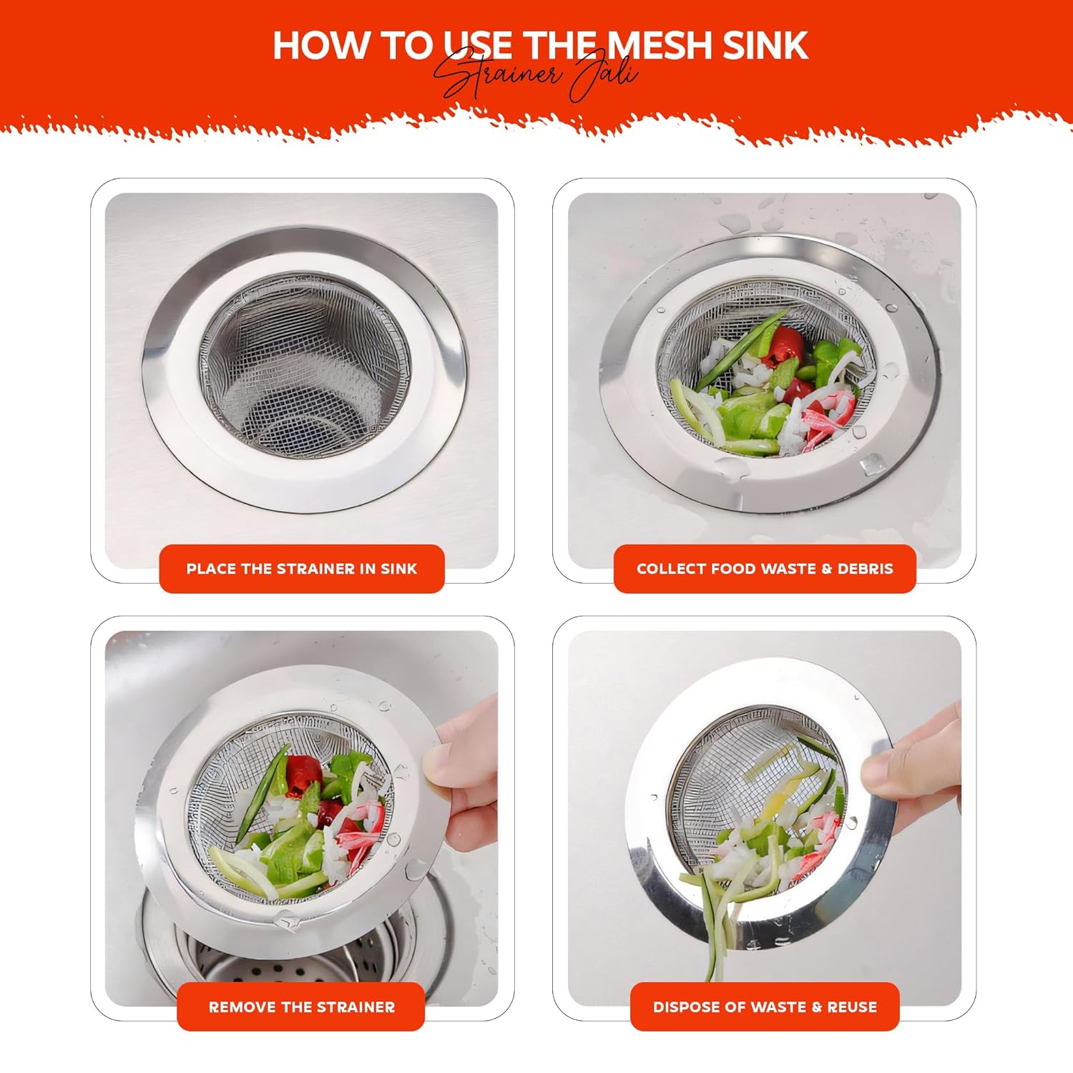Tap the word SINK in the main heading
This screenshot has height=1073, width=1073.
[x=765, y=45]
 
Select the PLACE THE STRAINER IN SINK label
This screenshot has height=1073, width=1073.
[x=302, y=569]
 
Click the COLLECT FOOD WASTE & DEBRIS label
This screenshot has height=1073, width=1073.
[x=765, y=569]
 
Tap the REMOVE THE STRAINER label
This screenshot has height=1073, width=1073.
[x=301, y=1006]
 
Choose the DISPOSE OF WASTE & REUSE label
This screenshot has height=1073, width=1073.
[x=765, y=1006]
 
